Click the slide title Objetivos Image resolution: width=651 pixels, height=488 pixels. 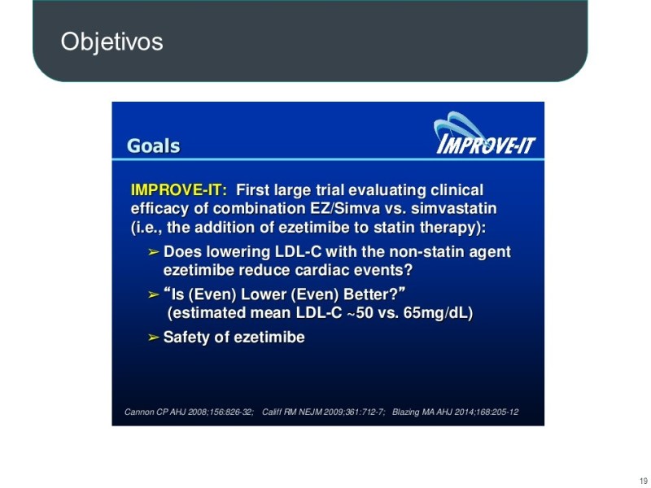click(111, 41)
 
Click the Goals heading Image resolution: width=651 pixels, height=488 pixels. click(153, 146)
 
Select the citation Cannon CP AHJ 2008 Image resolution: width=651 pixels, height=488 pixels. click(189, 412)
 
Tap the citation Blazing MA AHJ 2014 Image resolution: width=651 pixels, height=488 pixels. click(455, 412)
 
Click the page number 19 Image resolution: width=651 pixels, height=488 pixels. click(643, 478)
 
